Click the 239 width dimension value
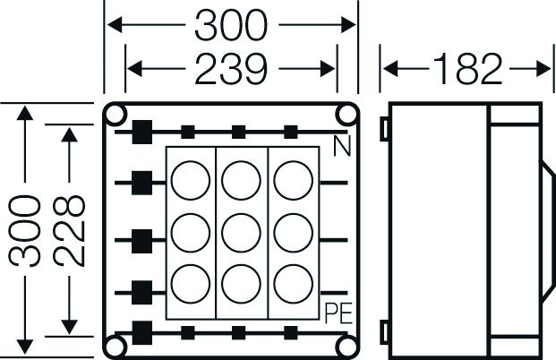[231, 68]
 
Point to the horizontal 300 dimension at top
[231, 27]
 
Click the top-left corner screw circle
[117, 114]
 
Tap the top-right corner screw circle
[346, 114]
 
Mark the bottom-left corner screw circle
[117, 346]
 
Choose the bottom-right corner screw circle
[346, 346]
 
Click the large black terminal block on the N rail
[141, 132]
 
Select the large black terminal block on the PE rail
[141, 330]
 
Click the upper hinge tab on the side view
[384, 129]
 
